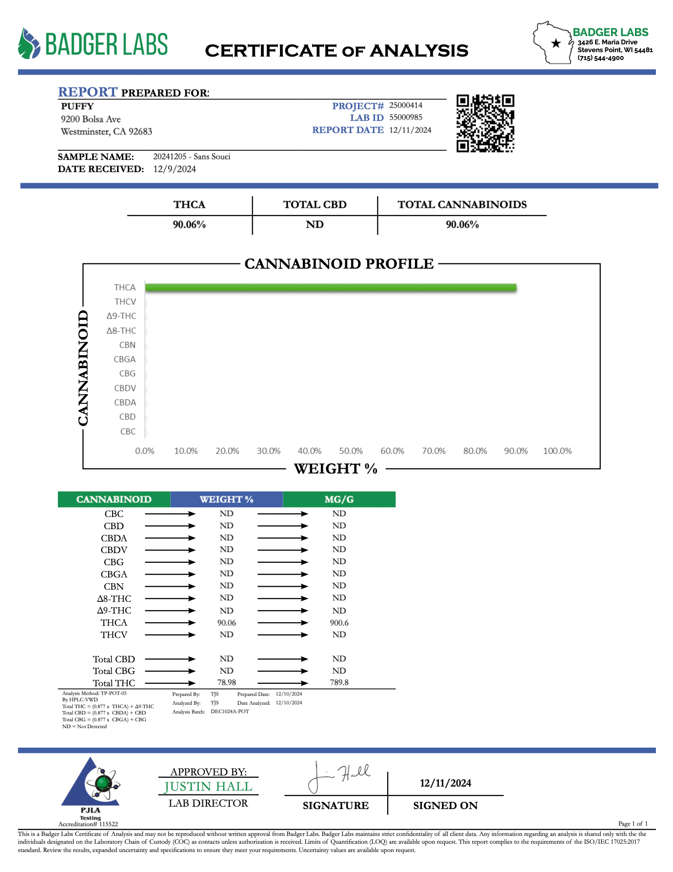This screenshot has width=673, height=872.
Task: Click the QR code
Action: click(485, 123)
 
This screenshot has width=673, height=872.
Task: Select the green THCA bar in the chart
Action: click(331, 287)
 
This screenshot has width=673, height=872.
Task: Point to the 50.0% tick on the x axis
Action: click(351, 451)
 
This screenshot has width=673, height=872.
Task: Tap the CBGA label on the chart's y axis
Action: click(125, 359)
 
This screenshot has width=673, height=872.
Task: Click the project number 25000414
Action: click(406, 105)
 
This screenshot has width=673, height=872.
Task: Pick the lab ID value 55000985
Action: click(406, 118)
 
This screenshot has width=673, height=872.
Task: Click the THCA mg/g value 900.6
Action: click(339, 623)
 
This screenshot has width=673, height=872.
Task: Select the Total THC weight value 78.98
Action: click(227, 683)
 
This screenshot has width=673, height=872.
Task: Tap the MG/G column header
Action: click(339, 499)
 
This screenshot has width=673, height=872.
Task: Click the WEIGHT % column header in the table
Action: click(226, 499)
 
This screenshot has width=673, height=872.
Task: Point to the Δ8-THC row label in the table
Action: click(114, 598)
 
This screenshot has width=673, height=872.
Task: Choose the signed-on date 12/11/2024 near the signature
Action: click(445, 783)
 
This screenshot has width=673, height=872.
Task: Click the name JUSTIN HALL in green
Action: click(208, 787)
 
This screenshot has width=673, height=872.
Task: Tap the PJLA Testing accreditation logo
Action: click(90, 788)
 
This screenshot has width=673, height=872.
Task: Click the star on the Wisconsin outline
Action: click(555, 43)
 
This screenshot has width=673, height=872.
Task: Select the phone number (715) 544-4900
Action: click(600, 58)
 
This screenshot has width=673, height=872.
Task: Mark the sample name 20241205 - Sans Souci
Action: click(192, 157)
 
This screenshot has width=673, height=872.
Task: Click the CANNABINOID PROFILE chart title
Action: click(339, 264)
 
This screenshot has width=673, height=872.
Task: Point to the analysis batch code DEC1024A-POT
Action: click(230, 712)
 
